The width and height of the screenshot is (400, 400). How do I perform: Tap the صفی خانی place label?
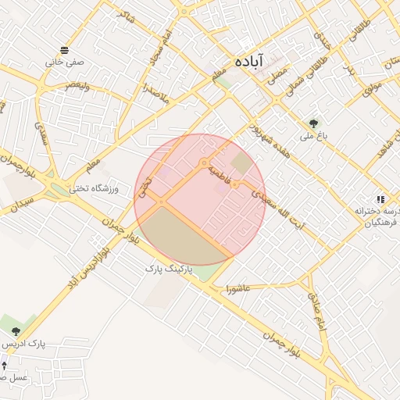(x=65, y=61)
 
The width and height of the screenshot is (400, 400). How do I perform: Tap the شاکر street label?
(x=124, y=13)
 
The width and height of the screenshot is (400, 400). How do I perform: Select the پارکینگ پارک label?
(x=168, y=268)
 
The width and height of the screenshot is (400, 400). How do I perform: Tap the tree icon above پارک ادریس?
(x=16, y=331)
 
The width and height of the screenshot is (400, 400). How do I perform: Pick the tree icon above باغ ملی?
(x=314, y=123)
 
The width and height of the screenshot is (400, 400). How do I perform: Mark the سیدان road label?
(x=18, y=202)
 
